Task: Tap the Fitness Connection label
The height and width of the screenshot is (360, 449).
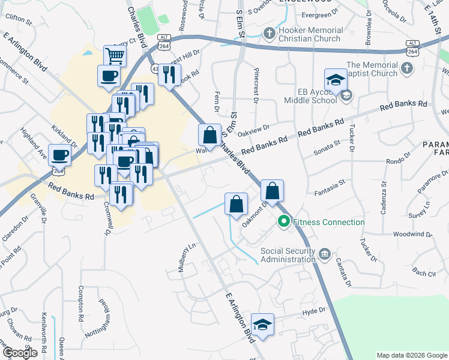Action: [329, 222]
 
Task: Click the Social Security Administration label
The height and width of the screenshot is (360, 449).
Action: [288, 255]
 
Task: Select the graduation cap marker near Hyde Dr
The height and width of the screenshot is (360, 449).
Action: [262, 325]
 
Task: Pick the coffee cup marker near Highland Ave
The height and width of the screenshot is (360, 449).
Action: [60, 155]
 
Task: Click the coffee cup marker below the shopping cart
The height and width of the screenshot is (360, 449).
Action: [109, 76]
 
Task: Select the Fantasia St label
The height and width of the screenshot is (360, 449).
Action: [330, 193]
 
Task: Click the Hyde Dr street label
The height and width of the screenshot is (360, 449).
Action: [313, 310]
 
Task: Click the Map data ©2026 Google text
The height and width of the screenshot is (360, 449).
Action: [411, 355]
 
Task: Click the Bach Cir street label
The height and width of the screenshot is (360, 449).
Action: [424, 274]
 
